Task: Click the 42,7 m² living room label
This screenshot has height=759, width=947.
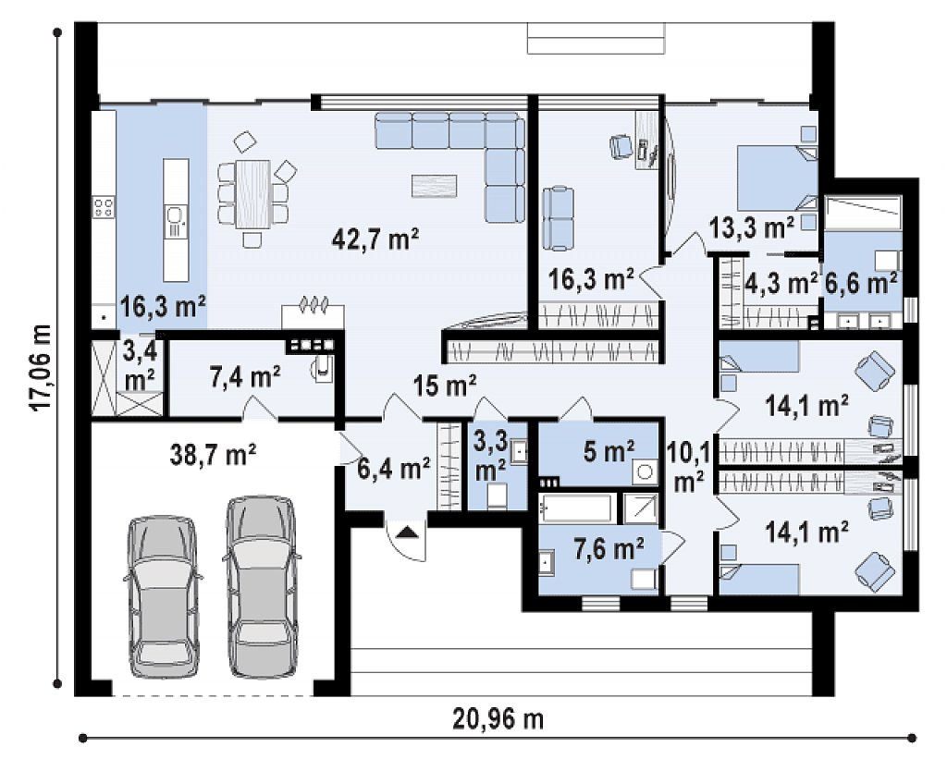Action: [x=375, y=240]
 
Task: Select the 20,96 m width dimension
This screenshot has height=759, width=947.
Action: [x=498, y=719]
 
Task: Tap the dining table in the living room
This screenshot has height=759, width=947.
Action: [x=252, y=194]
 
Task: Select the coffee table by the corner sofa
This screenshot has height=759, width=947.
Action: [x=435, y=185]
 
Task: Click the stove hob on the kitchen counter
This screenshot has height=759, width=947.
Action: [x=104, y=208]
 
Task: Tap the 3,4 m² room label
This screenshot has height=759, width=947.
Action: [x=140, y=364]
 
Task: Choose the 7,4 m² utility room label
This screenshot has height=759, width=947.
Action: [x=244, y=377]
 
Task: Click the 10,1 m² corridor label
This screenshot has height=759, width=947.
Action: [x=687, y=463]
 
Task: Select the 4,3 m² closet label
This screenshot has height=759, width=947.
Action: [x=781, y=283]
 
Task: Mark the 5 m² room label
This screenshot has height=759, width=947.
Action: [x=610, y=450]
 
